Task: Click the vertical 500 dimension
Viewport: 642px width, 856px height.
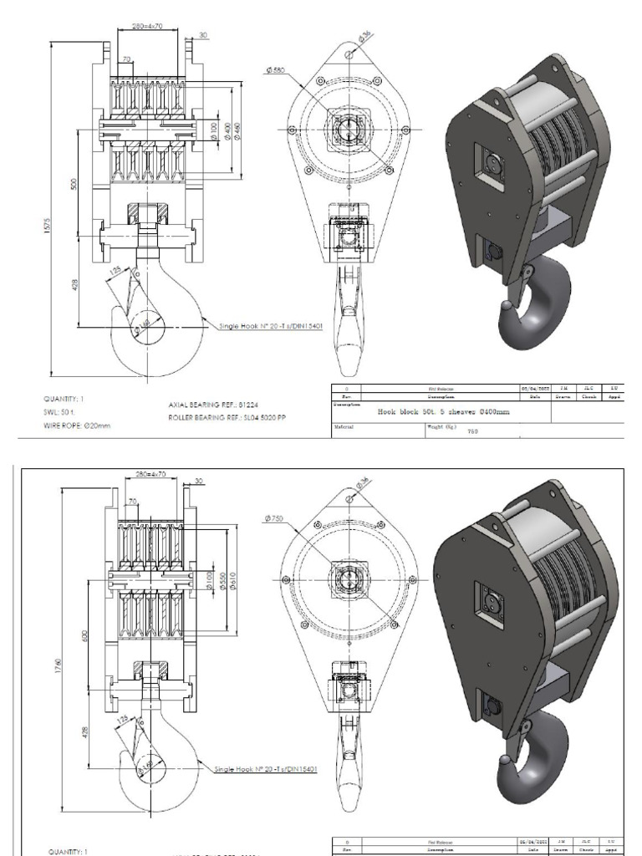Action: click(74, 183)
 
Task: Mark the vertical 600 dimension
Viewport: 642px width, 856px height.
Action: click(84, 635)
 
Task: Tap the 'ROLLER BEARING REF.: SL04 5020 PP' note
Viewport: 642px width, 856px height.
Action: click(227, 417)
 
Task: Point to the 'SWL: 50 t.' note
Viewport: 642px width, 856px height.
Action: click(59, 412)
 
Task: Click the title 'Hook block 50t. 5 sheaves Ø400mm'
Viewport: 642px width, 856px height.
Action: click(443, 411)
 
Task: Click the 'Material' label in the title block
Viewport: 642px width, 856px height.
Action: click(344, 425)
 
